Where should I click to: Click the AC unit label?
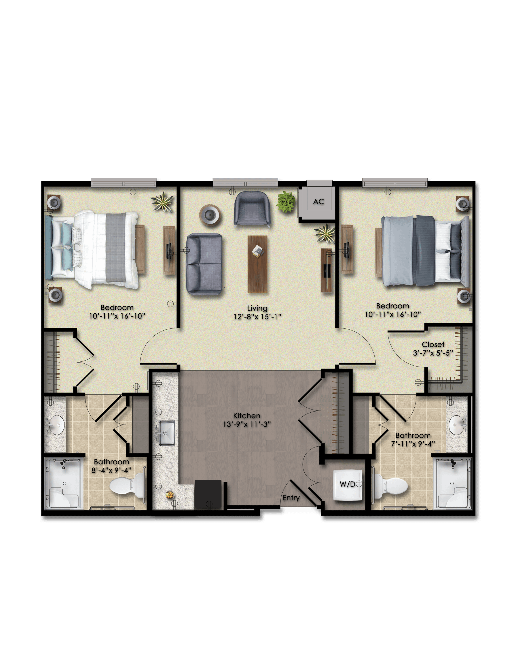(x=319, y=201)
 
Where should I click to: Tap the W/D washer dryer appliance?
(x=348, y=485)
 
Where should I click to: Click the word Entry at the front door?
(x=291, y=498)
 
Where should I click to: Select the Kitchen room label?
(x=247, y=416)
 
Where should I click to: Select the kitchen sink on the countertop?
(x=167, y=433)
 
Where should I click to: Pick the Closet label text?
(x=433, y=345)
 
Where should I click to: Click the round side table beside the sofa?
(x=210, y=215)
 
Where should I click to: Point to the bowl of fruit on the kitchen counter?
(x=170, y=495)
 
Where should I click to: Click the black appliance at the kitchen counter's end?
(x=208, y=494)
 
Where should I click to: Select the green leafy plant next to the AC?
(x=286, y=202)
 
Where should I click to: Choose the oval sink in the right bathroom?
(x=457, y=425)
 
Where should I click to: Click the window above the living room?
(x=245, y=183)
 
